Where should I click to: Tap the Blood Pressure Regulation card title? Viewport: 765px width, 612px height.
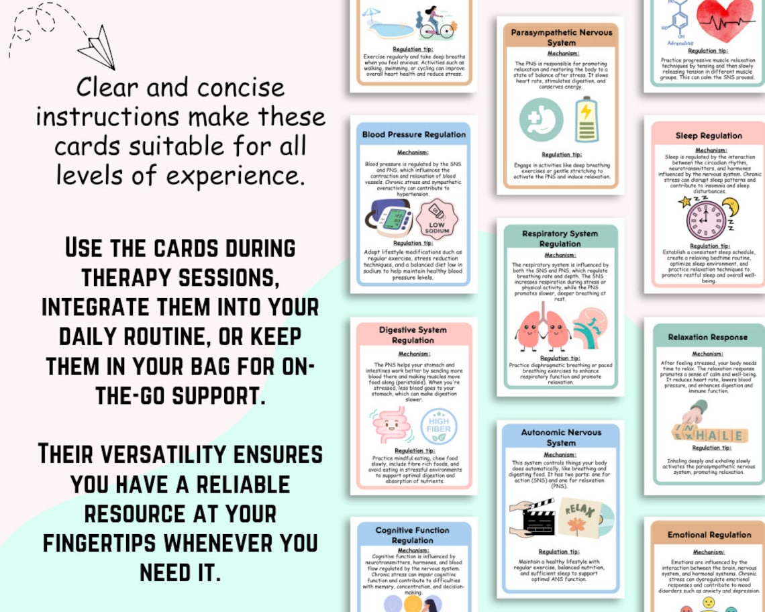pos(413,134)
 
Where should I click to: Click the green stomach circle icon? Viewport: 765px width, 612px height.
pos(541,120)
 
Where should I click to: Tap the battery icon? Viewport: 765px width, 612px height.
pos(586,119)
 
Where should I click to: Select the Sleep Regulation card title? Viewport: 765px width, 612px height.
pos(709,136)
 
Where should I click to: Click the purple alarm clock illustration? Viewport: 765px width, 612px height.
pos(706,218)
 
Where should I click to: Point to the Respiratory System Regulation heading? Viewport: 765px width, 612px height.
pos(560,239)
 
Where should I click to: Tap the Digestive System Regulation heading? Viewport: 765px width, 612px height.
pos(413,335)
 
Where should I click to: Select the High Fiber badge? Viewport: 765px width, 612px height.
pos(439,425)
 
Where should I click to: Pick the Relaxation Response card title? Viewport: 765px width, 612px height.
pos(707,337)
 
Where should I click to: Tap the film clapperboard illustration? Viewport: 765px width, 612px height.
pos(531,517)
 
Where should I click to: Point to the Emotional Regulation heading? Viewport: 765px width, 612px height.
pos(709,535)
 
